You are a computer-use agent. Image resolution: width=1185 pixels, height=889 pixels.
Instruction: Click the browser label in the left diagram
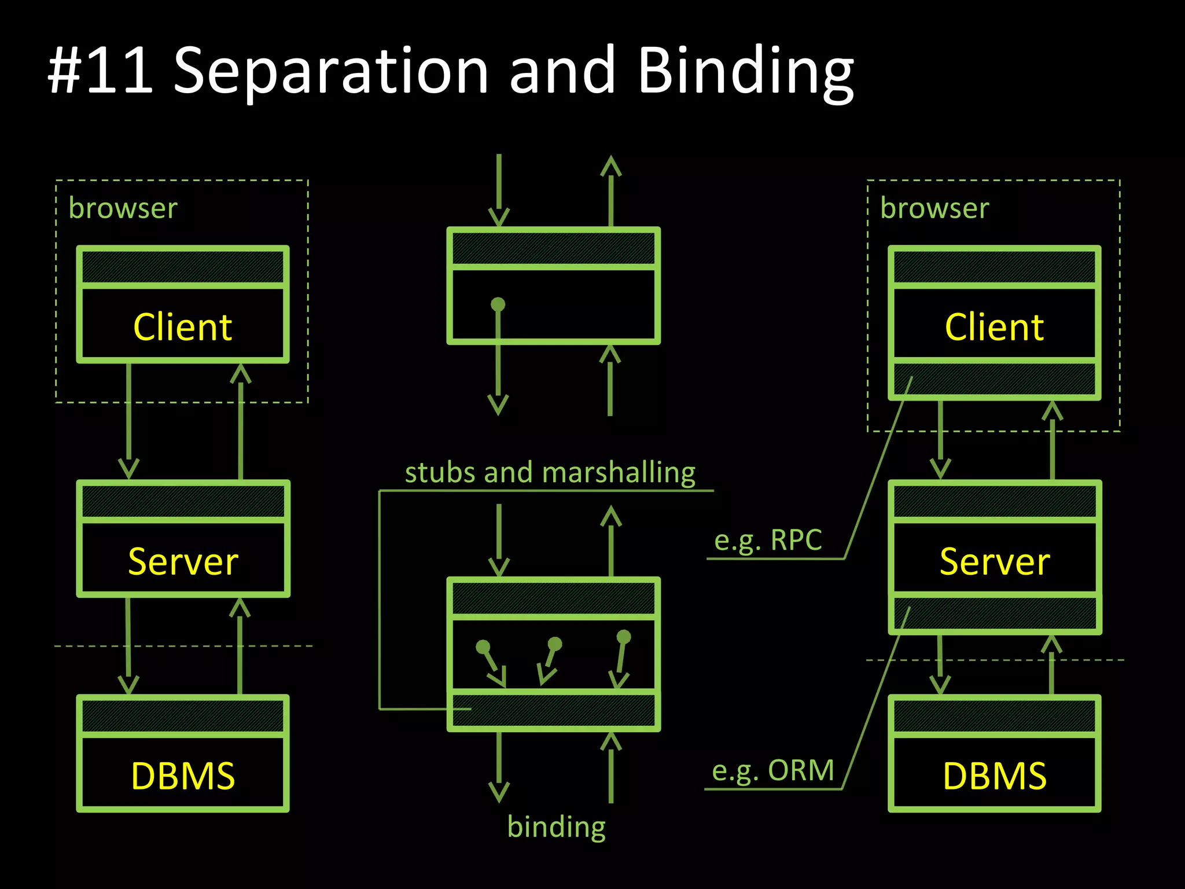(x=123, y=208)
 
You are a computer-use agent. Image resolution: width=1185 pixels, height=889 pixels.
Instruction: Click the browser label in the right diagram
(x=934, y=208)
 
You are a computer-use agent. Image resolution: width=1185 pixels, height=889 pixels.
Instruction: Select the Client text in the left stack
(x=183, y=327)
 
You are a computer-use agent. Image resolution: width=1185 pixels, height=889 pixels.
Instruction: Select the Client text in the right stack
(x=994, y=327)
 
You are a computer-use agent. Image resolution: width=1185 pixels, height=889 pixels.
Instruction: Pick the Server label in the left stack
(x=183, y=561)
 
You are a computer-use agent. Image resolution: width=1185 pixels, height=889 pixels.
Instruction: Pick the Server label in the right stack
(x=994, y=561)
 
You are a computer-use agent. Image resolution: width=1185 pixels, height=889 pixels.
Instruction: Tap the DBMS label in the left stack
(x=183, y=776)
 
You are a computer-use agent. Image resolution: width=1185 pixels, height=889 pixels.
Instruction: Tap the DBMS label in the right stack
(x=994, y=776)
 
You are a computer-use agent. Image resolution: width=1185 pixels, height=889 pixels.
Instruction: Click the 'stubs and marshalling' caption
(x=550, y=472)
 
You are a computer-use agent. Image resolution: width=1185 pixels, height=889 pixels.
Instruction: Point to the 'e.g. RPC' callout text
(x=768, y=541)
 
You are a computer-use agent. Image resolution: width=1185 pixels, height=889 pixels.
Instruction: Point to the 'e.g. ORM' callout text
(x=772, y=770)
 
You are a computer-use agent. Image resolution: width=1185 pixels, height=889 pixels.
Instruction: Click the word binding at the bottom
(x=556, y=826)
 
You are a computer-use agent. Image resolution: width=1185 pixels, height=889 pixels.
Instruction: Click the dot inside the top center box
(x=498, y=304)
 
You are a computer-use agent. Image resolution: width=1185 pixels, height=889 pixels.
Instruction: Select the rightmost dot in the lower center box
(x=624, y=637)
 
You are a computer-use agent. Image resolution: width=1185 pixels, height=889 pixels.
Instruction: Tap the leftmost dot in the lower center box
(x=483, y=646)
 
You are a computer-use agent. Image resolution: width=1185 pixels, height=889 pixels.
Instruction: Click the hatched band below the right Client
(x=994, y=379)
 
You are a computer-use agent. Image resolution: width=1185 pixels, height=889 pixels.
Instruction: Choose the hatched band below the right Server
(x=994, y=614)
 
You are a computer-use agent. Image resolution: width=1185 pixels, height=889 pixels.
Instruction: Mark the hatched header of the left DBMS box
(x=183, y=716)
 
